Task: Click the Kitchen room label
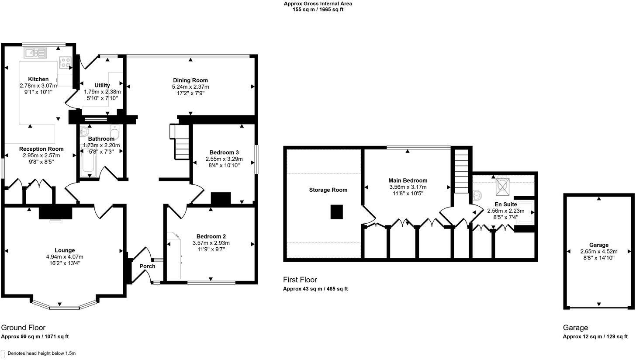(x=38, y=79)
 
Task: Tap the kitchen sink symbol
(x=35, y=53)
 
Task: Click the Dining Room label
(x=190, y=80)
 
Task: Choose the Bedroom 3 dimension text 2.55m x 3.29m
(x=224, y=159)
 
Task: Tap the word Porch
(x=147, y=266)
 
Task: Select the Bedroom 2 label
(x=211, y=236)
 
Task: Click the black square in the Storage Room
(x=337, y=212)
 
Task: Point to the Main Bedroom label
(x=408, y=180)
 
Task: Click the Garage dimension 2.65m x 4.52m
(x=598, y=252)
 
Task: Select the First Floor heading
(x=300, y=280)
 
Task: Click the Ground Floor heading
(x=23, y=328)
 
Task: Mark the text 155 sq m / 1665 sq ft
(x=318, y=10)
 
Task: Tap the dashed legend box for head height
(x=3, y=353)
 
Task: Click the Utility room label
(x=102, y=85)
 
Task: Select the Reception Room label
(x=41, y=149)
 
